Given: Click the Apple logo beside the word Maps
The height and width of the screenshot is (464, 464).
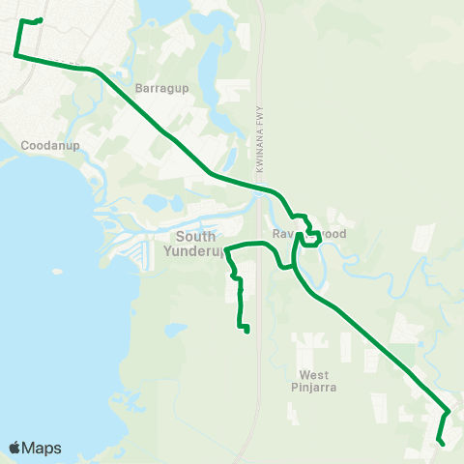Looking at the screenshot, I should (15, 448).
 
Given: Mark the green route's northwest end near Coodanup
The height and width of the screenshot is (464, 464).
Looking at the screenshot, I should (40, 19).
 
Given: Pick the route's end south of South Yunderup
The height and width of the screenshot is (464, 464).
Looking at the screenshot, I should (247, 331).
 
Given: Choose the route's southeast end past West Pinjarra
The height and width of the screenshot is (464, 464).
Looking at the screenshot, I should (441, 443).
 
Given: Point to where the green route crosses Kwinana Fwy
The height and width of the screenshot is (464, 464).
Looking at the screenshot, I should (262, 188).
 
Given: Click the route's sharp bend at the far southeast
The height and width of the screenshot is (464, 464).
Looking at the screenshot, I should (449, 412).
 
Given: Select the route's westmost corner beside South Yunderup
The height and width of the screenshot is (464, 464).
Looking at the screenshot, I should (225, 252).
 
